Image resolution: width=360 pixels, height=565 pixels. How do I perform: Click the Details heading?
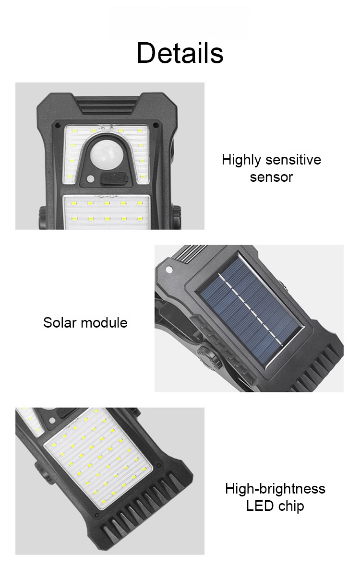[x=180, y=53]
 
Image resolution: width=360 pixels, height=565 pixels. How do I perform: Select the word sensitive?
[x=293, y=159]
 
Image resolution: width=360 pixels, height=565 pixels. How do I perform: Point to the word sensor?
[x=271, y=177]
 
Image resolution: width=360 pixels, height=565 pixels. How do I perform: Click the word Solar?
[x=60, y=322]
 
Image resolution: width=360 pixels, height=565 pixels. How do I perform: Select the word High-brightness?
[x=275, y=489]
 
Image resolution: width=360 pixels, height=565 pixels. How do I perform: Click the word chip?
[x=290, y=506]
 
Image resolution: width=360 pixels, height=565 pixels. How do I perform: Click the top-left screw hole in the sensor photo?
[x=57, y=125]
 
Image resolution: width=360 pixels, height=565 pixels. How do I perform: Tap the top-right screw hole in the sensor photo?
[x=156, y=125]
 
